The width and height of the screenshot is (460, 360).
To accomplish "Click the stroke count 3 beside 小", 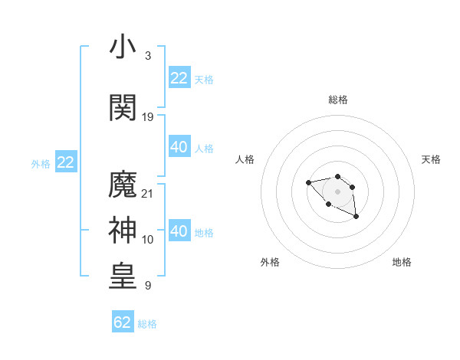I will pos(147,56).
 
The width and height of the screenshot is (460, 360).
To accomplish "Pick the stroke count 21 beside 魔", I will pos(148,193).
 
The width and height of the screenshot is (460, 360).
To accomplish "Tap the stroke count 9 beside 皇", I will pos(147,286).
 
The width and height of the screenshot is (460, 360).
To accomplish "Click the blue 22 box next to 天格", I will pos(179,77).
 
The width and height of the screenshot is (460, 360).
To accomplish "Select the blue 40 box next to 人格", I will pos(179,147).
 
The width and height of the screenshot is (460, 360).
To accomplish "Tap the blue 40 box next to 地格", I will pos(179,231).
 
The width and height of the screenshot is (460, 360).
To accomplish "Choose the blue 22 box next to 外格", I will pos(65,162).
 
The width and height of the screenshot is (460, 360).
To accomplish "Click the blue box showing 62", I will pos(123,322).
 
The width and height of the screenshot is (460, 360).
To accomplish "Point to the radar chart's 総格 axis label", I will pos(337,100).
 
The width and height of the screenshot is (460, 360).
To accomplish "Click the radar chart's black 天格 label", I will pos(431,159).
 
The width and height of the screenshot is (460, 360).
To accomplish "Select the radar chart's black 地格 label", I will pos(402,262).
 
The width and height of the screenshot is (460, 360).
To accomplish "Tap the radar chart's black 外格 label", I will pos(270,262).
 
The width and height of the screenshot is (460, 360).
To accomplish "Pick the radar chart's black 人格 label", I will pos(245,159).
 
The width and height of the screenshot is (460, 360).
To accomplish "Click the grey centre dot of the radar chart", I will pos(337,191).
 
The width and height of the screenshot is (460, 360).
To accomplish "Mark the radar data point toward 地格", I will pos(356,218).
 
